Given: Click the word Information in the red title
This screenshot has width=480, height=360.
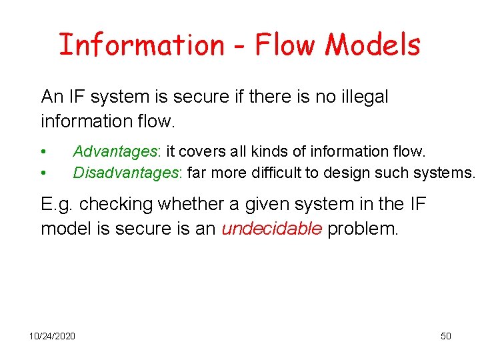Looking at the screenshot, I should (x=141, y=45).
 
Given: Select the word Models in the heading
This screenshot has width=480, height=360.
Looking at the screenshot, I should (x=373, y=45).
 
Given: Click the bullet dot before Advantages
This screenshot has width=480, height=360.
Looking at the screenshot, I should (x=43, y=153).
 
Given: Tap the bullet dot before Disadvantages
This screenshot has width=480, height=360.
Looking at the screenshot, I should (x=43, y=173).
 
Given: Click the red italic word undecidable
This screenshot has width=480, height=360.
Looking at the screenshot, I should (x=273, y=229).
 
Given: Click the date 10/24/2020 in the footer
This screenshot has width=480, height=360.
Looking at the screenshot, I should (x=52, y=335).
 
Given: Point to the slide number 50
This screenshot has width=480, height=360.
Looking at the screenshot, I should (x=446, y=335).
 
